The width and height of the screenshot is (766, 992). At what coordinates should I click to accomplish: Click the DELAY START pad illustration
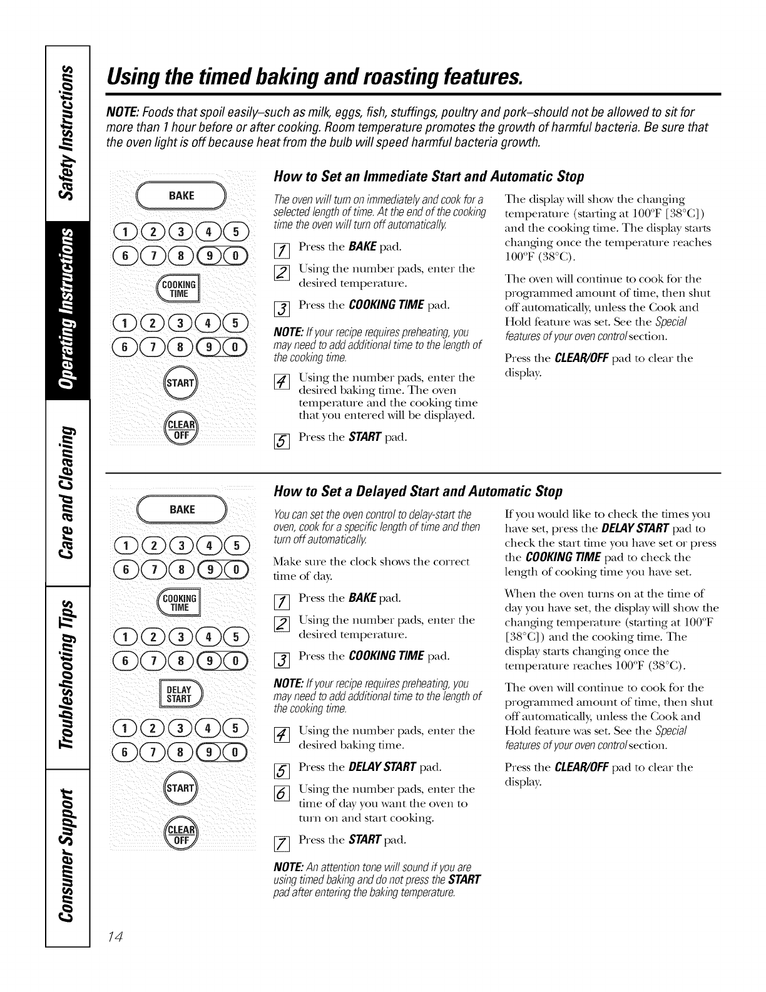click(x=180, y=695)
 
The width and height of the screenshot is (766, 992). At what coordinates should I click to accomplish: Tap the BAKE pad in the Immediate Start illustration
click(x=181, y=196)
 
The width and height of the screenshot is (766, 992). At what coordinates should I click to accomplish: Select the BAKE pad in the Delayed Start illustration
click(x=181, y=510)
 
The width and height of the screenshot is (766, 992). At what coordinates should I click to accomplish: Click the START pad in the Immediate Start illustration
click(x=181, y=383)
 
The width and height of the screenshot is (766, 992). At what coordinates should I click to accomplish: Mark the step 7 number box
click(x=280, y=841)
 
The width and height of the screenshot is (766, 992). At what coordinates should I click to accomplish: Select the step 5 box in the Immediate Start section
click(x=280, y=439)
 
